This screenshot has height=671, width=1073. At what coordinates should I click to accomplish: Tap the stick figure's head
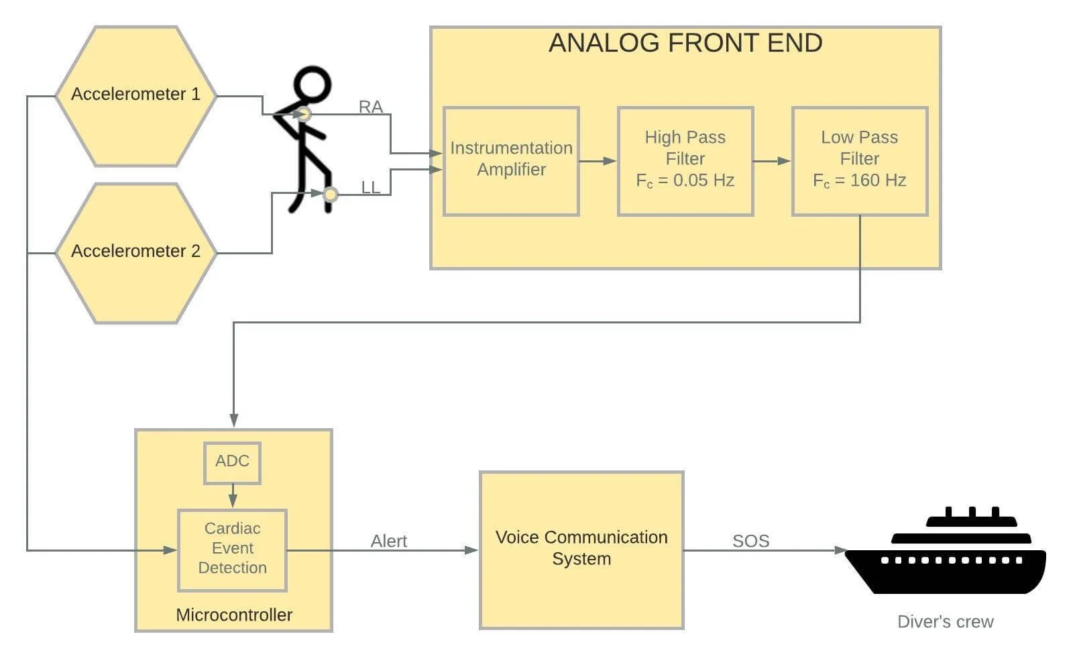click(x=313, y=85)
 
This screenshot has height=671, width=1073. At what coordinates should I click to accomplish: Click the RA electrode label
click(x=370, y=107)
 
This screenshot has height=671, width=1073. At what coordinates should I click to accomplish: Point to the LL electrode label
click(x=370, y=187)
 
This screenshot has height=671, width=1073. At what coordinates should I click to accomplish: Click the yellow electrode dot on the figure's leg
click(x=331, y=195)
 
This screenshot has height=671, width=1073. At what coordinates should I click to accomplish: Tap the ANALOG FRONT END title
click(x=685, y=43)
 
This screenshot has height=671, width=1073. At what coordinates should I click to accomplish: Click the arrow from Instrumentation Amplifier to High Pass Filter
click(x=598, y=161)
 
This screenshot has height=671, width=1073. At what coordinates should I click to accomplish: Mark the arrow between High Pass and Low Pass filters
click(x=772, y=161)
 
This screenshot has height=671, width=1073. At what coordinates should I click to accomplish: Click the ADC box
click(x=232, y=462)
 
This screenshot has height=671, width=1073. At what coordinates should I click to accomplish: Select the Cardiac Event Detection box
click(x=232, y=549)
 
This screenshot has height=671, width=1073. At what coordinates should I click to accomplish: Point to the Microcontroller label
click(x=234, y=615)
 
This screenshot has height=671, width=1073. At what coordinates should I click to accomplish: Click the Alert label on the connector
click(x=389, y=541)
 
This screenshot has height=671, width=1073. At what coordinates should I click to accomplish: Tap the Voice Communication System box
click(x=581, y=549)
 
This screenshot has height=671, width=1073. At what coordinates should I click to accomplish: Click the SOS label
click(x=750, y=541)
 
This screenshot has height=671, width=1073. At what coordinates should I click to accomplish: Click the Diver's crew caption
click(x=945, y=622)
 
